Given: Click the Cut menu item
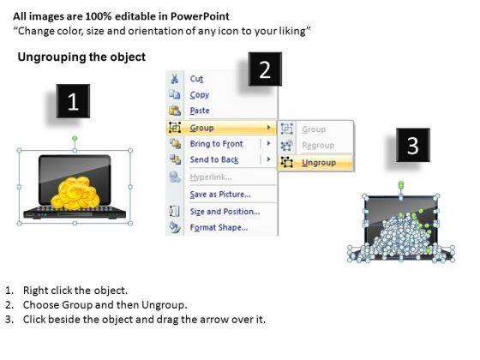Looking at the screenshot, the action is tap(196, 79).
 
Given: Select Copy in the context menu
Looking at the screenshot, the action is tap(199, 95).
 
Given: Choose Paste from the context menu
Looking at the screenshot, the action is tap(200, 111).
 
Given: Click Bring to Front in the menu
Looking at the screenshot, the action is tap(216, 144).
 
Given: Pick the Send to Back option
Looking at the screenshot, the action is tap(214, 159).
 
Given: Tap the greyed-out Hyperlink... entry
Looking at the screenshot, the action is tap(211, 177).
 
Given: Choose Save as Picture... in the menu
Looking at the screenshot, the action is tap(220, 195).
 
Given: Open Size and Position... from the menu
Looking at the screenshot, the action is tap(225, 212).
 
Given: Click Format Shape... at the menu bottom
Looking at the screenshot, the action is tap(219, 227).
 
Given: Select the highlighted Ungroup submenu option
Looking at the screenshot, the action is tap(319, 163).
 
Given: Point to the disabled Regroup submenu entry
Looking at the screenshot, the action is tap(318, 146).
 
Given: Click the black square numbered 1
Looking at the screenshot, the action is tap(73, 101).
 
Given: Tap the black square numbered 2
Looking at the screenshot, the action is tap(265, 69).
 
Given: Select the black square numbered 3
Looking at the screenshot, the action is tap(413, 145).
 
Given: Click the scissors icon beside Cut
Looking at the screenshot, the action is tap(175, 79).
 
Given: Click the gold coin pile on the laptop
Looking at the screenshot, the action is tap(75, 194).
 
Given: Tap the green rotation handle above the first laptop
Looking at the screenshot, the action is tap(75, 138).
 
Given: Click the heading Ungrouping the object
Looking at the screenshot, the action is tap(81, 57).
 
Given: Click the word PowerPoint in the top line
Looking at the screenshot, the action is tap(200, 16).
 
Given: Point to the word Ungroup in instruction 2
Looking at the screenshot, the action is tap(164, 305).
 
